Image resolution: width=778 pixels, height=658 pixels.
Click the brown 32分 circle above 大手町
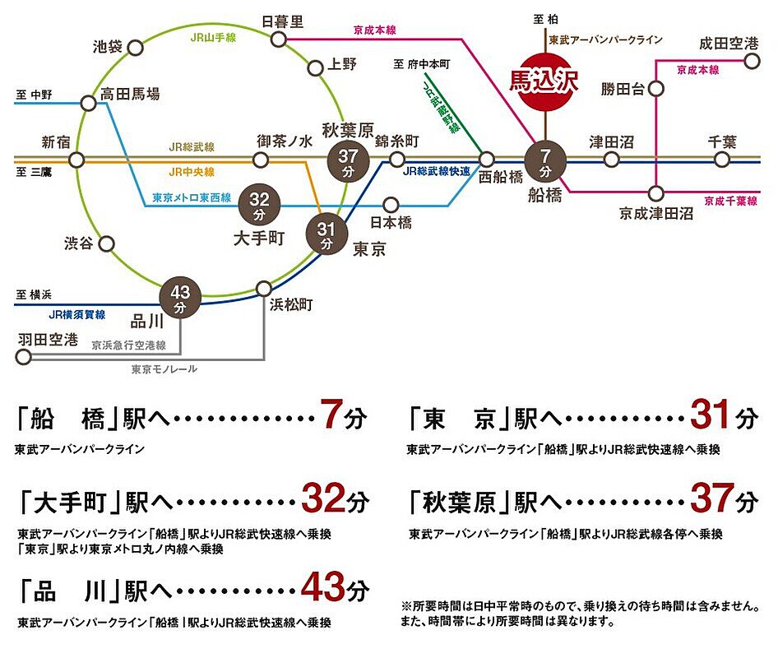tap(259, 205)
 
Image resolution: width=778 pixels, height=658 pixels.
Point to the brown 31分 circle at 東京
tap(326, 234)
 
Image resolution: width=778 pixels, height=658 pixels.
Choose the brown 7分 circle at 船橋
tap(544, 161)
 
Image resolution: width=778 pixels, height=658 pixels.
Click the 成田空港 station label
tap(729, 43)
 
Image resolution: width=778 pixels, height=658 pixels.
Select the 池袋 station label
tap(107, 46)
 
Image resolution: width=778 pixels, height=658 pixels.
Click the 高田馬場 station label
tap(130, 95)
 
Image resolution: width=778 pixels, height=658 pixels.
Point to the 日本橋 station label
tap(391, 223)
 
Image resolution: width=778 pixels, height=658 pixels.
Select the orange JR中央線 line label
tap(192, 173)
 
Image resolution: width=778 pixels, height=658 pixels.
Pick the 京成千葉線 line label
tap(730, 201)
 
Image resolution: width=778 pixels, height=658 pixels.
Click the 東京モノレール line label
tap(164, 370)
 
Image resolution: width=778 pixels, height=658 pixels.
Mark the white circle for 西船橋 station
tap(487, 160)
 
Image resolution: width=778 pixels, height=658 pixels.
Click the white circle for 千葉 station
tap(723, 160)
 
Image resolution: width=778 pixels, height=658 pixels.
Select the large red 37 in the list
tap(711, 498)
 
